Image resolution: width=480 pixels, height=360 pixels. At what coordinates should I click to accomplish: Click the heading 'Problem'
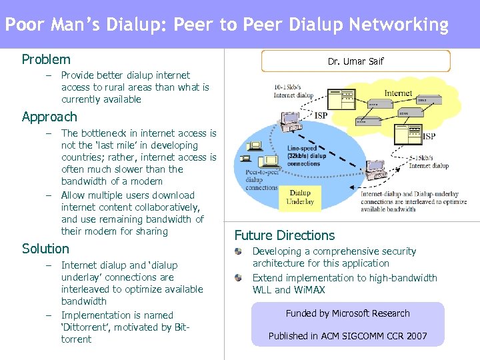[x=46, y=59]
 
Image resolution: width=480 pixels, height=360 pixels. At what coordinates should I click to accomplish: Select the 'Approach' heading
[x=49, y=117]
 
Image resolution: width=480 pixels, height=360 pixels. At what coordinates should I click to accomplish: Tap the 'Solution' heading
[x=45, y=249]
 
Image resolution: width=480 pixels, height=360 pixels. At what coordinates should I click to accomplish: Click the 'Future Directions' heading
[x=285, y=235]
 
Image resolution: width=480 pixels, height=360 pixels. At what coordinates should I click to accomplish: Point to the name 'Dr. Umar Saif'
[x=355, y=61]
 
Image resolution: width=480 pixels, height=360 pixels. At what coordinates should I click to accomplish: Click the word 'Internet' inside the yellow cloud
[x=397, y=93]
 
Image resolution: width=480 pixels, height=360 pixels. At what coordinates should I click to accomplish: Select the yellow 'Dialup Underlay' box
[x=299, y=197]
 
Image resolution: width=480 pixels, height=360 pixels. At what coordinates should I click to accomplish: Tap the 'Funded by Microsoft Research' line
[x=347, y=313]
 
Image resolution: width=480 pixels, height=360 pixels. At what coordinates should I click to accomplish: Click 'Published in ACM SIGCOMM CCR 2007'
[x=347, y=336]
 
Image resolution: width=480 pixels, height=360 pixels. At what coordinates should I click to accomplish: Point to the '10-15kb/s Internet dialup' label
[x=293, y=91]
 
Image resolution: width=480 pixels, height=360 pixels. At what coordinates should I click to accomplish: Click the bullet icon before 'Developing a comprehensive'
[x=238, y=252]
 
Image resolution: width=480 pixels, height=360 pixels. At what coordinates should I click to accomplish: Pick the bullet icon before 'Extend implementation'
[x=238, y=278]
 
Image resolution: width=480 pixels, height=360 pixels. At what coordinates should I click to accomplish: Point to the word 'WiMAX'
[x=309, y=290]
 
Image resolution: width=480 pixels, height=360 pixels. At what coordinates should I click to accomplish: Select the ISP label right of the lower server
[x=429, y=136]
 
